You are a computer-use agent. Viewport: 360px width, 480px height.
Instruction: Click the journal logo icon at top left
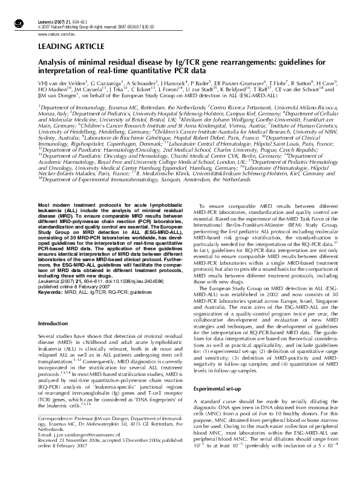point(17,8)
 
